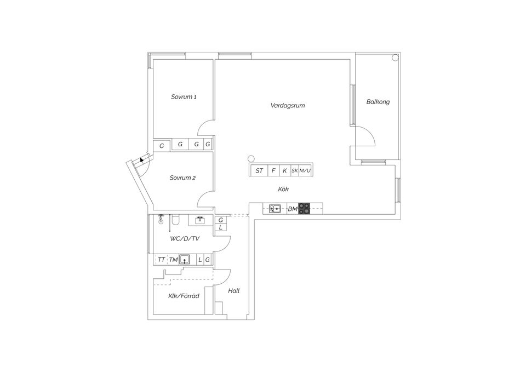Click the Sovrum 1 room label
(184, 97)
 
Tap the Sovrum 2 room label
(182, 178)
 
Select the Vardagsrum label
(287, 105)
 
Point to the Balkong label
(378, 102)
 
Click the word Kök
(283, 189)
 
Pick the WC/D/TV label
(184, 239)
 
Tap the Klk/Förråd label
(183, 296)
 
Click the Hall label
(234, 291)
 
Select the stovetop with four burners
(304, 209)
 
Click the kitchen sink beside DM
(275, 209)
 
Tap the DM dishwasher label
(292, 209)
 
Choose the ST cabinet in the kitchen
(259, 171)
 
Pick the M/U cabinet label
(305, 171)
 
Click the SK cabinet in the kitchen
(294, 171)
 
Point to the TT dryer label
(161, 260)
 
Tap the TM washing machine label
(173, 260)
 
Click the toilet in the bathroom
(175, 221)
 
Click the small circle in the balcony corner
(394, 58)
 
